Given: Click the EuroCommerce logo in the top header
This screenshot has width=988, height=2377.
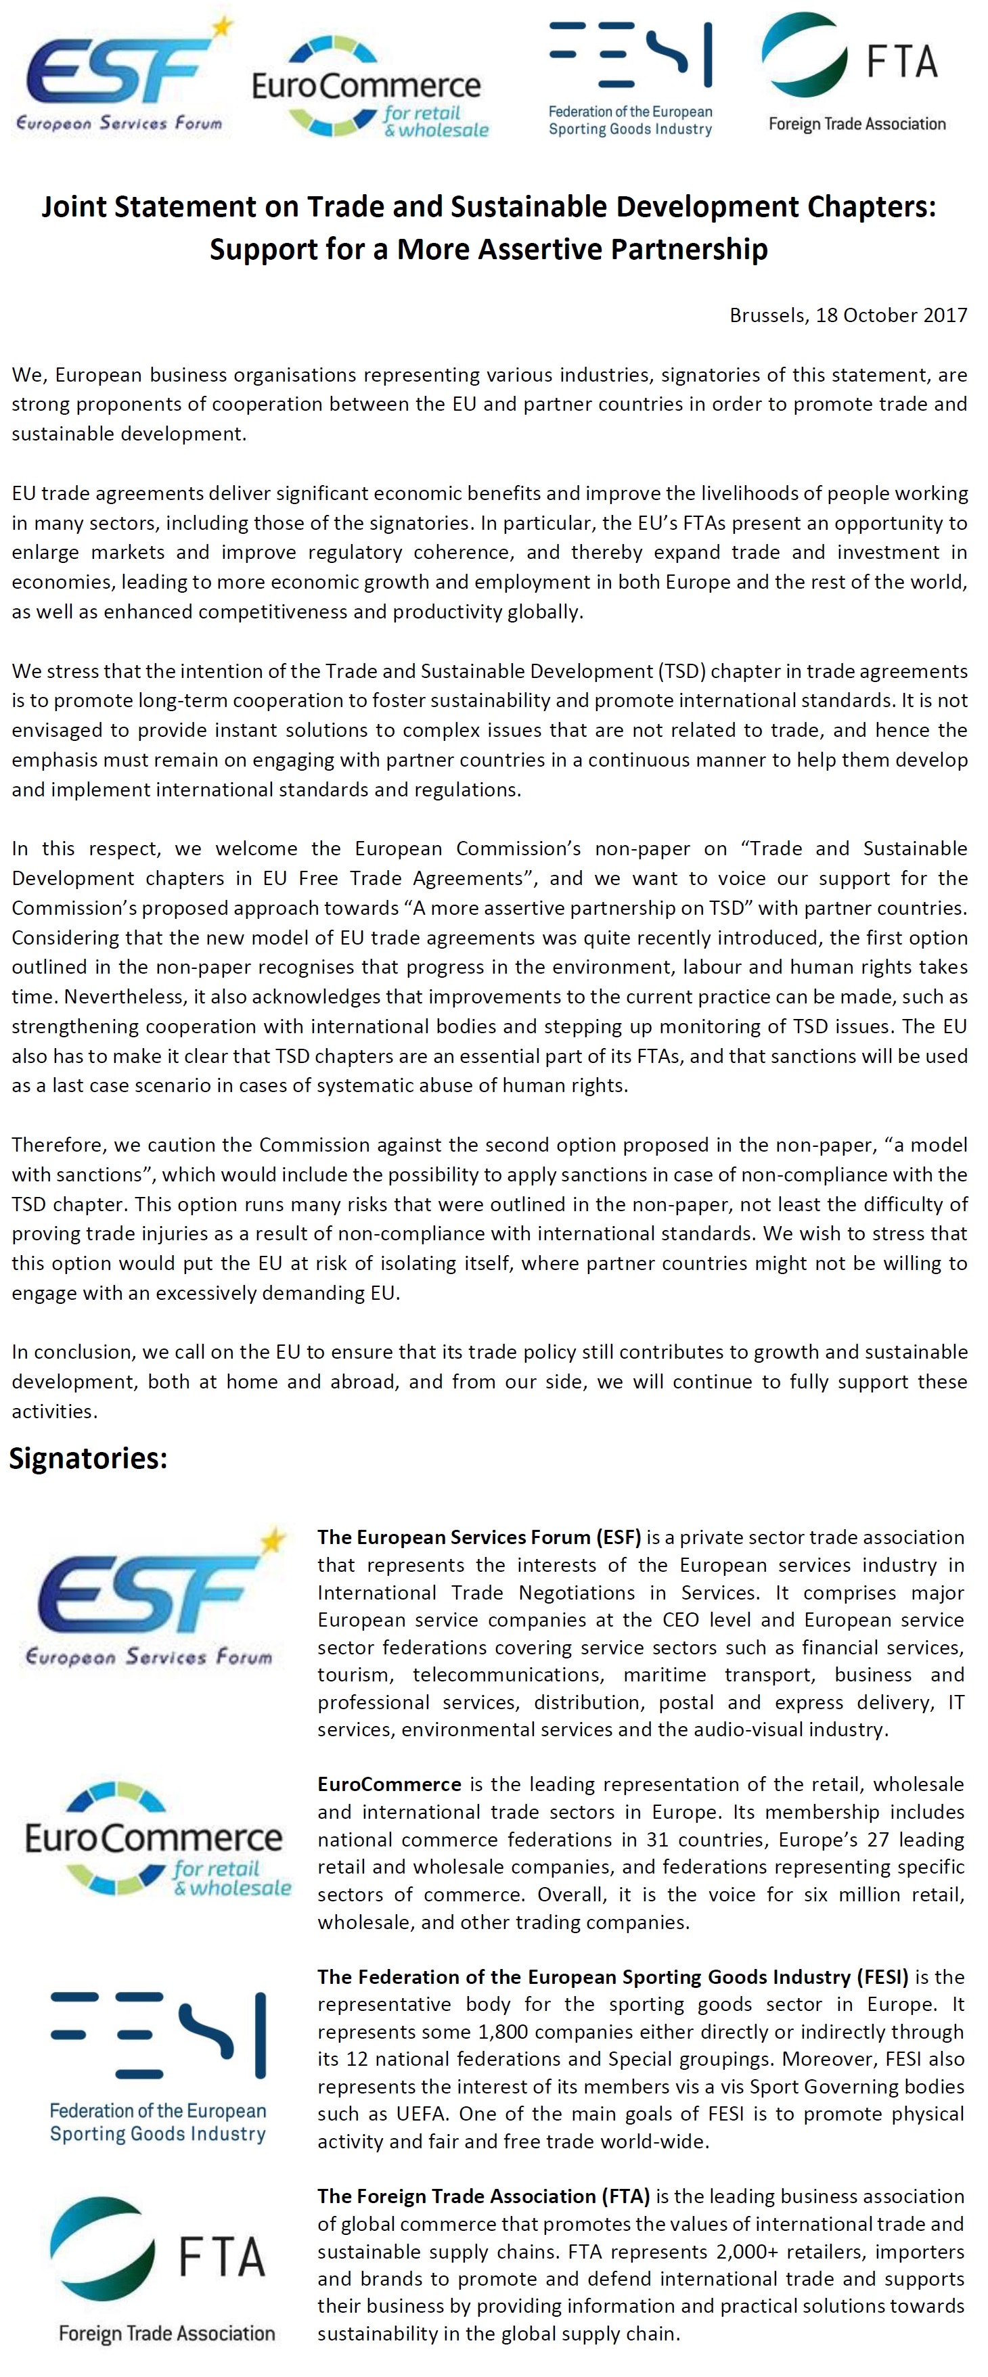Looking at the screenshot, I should (x=369, y=88).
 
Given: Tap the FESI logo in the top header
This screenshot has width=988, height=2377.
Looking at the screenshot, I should (x=631, y=78).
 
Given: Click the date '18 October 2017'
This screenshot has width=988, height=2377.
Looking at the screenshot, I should (x=891, y=315).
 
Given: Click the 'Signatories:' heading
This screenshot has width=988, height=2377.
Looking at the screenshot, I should (x=89, y=1458).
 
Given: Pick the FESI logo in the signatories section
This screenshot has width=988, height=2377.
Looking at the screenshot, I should (x=158, y=2067).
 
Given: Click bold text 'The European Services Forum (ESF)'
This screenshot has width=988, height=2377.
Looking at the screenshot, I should (x=479, y=1537).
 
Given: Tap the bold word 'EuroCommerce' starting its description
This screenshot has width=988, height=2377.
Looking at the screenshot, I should (x=388, y=1784).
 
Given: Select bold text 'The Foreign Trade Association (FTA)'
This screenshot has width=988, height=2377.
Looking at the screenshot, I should (x=483, y=2196).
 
